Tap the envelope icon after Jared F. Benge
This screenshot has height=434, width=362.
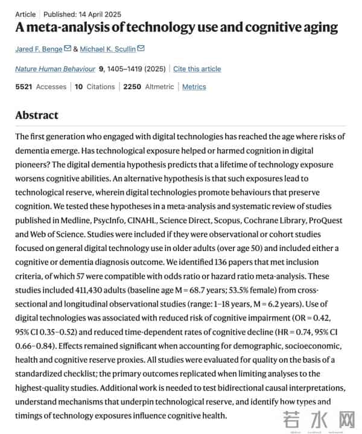(68, 48)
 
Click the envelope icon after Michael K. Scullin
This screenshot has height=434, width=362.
(141, 48)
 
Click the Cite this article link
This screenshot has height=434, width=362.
(197, 69)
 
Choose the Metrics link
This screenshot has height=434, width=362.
(194, 87)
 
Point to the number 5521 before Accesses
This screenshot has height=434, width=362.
(24, 87)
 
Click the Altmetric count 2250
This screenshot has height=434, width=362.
(132, 87)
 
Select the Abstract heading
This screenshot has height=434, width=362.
(37, 115)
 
